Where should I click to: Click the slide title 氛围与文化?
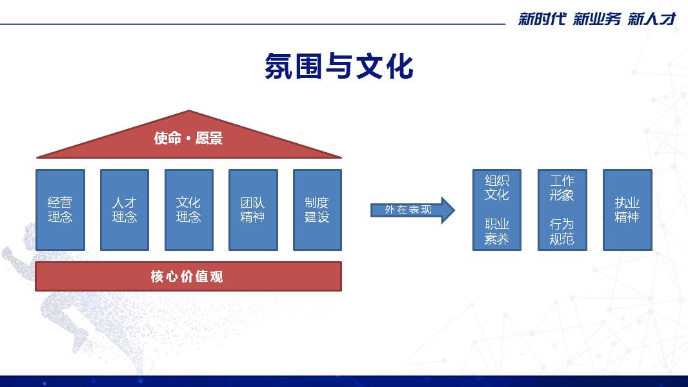(x=339, y=66)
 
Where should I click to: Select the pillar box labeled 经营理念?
(x=60, y=210)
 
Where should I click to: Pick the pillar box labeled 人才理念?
(x=125, y=210)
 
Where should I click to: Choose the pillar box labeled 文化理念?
(x=188, y=210)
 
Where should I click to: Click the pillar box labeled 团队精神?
(x=253, y=210)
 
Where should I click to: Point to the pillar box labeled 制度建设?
(x=318, y=210)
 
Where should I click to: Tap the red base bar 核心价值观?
(x=188, y=277)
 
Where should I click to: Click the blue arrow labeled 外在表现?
(x=412, y=210)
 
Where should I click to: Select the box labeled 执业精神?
(x=627, y=210)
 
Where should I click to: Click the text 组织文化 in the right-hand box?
(x=497, y=188)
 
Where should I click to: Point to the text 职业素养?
(x=497, y=232)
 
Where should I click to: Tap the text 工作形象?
(x=562, y=188)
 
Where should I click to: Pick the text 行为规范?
(x=562, y=232)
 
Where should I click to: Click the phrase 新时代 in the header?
(x=542, y=19)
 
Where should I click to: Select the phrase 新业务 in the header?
(x=597, y=19)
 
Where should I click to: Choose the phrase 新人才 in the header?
(x=652, y=19)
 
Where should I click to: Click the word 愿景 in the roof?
(x=209, y=138)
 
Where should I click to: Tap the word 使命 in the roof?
(x=168, y=138)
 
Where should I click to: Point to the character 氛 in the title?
(x=279, y=66)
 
